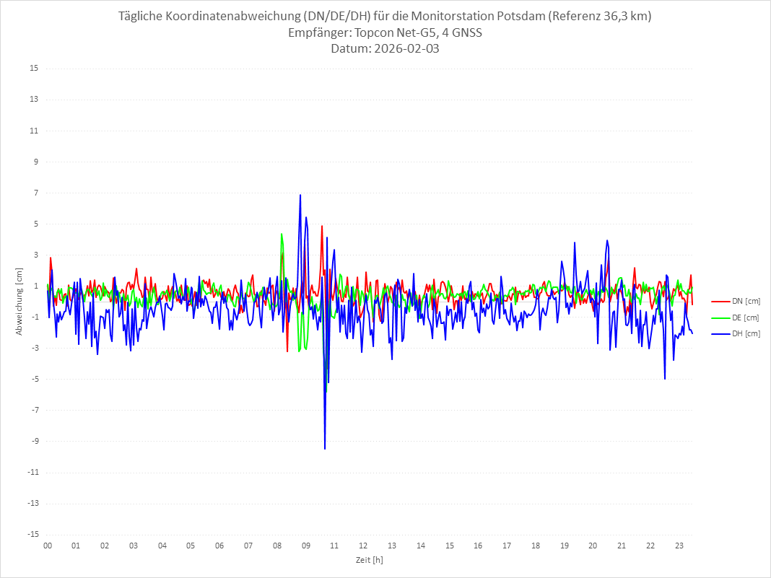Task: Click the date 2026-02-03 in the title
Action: tap(406, 49)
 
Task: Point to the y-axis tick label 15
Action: tap(34, 69)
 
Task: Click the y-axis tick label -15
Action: tap(32, 534)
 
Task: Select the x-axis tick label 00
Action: tap(48, 546)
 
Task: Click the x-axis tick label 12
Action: tap(363, 546)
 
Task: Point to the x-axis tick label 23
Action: tap(679, 546)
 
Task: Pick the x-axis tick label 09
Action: tap(306, 546)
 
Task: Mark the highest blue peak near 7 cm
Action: tap(300, 195)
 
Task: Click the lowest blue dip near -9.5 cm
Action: tap(325, 448)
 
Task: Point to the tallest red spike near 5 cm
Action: tap(322, 226)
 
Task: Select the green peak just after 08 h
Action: tap(282, 234)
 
